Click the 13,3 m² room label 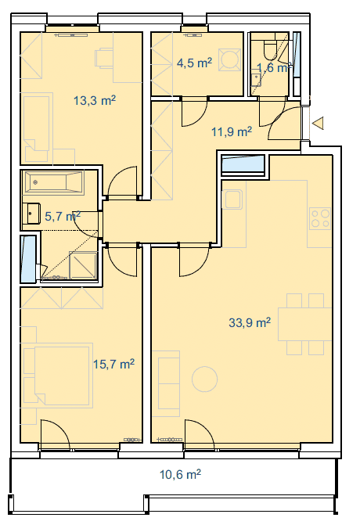tap(95, 100)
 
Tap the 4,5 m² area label tap(194, 63)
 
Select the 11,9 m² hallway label tap(232, 131)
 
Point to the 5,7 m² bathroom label tap(63, 216)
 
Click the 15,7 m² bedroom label tap(113, 364)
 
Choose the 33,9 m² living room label tap(250, 322)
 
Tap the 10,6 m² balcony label tap(180, 474)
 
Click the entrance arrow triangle tap(318, 123)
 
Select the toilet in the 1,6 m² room tap(271, 49)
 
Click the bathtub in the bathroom tap(53, 182)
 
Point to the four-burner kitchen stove tap(320, 218)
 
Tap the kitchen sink tap(232, 199)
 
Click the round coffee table tap(204, 379)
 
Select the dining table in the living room tap(304, 324)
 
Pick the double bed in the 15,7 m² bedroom tap(58, 375)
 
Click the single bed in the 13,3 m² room tap(37, 128)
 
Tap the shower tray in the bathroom tap(83, 266)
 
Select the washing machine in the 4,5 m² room tap(230, 60)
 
